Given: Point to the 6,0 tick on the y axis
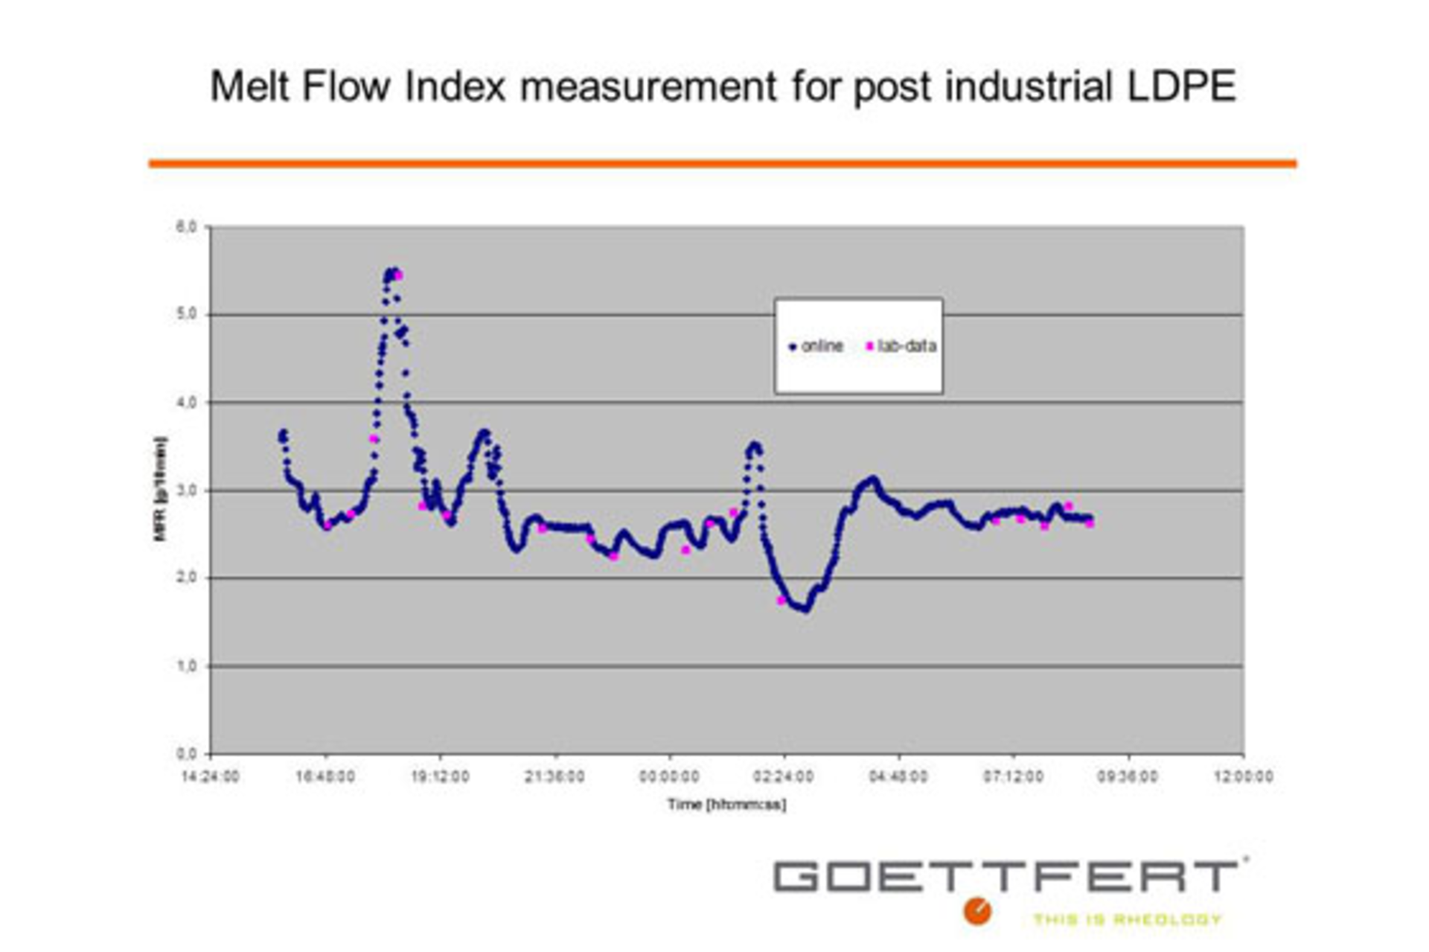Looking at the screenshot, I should pos(186,227).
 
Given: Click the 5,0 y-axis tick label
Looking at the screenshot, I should pos(186,314).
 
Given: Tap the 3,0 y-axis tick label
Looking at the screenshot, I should pos(186,491).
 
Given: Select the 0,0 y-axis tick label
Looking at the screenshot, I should pos(186,754).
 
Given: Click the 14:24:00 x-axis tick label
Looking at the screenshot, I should pos(211,777).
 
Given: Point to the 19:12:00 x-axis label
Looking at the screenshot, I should pos(441,777).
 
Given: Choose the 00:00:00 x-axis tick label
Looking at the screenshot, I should pos(669,777).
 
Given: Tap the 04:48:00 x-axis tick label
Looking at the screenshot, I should pos(898,777).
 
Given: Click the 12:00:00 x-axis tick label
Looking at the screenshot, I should pos(1243,777).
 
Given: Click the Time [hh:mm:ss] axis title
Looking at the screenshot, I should pos(726,805).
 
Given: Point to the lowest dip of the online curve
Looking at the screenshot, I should pos(805,609).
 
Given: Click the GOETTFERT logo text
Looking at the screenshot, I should pos(1005,876).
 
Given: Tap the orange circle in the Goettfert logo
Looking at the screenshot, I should pos(977,911).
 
